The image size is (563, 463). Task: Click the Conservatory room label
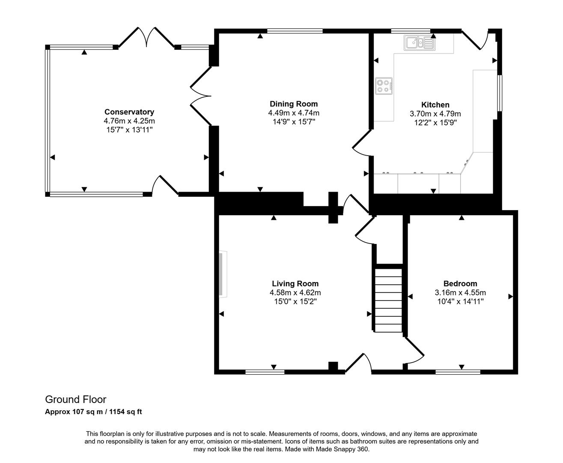point(129,112)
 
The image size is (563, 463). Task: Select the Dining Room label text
point(293,104)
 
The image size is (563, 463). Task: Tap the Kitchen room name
point(435,105)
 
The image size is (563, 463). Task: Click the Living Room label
point(295,283)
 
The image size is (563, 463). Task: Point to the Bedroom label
point(460,283)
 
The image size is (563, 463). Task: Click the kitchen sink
point(420,43)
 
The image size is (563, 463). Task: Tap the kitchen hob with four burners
point(384,85)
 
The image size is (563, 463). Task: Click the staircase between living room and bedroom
point(389,300)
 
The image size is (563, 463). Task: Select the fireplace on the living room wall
point(223,274)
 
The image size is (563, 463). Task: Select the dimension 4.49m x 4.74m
point(293,113)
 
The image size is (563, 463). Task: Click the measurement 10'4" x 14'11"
point(460,301)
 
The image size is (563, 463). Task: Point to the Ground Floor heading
point(76,400)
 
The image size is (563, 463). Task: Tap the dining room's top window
point(295,31)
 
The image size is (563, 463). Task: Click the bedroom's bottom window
point(458,372)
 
